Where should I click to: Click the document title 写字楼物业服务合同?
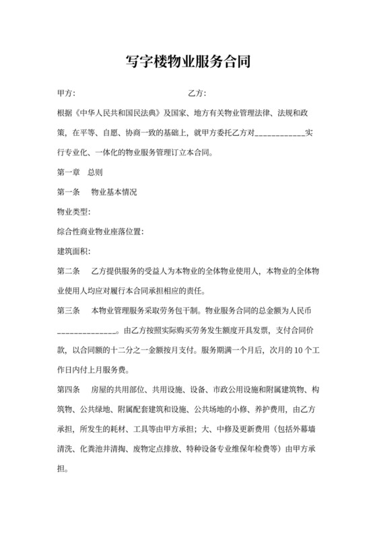point(188,63)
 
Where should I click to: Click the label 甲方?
point(67,92)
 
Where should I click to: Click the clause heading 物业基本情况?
point(114,192)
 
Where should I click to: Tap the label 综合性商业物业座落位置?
point(100,232)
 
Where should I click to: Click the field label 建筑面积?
point(73,251)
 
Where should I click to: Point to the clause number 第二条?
point(69,271)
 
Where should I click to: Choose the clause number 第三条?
point(69,311)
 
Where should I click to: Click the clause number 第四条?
point(69,390)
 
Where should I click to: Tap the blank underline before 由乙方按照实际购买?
point(88,332)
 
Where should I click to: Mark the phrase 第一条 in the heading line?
point(69,192)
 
